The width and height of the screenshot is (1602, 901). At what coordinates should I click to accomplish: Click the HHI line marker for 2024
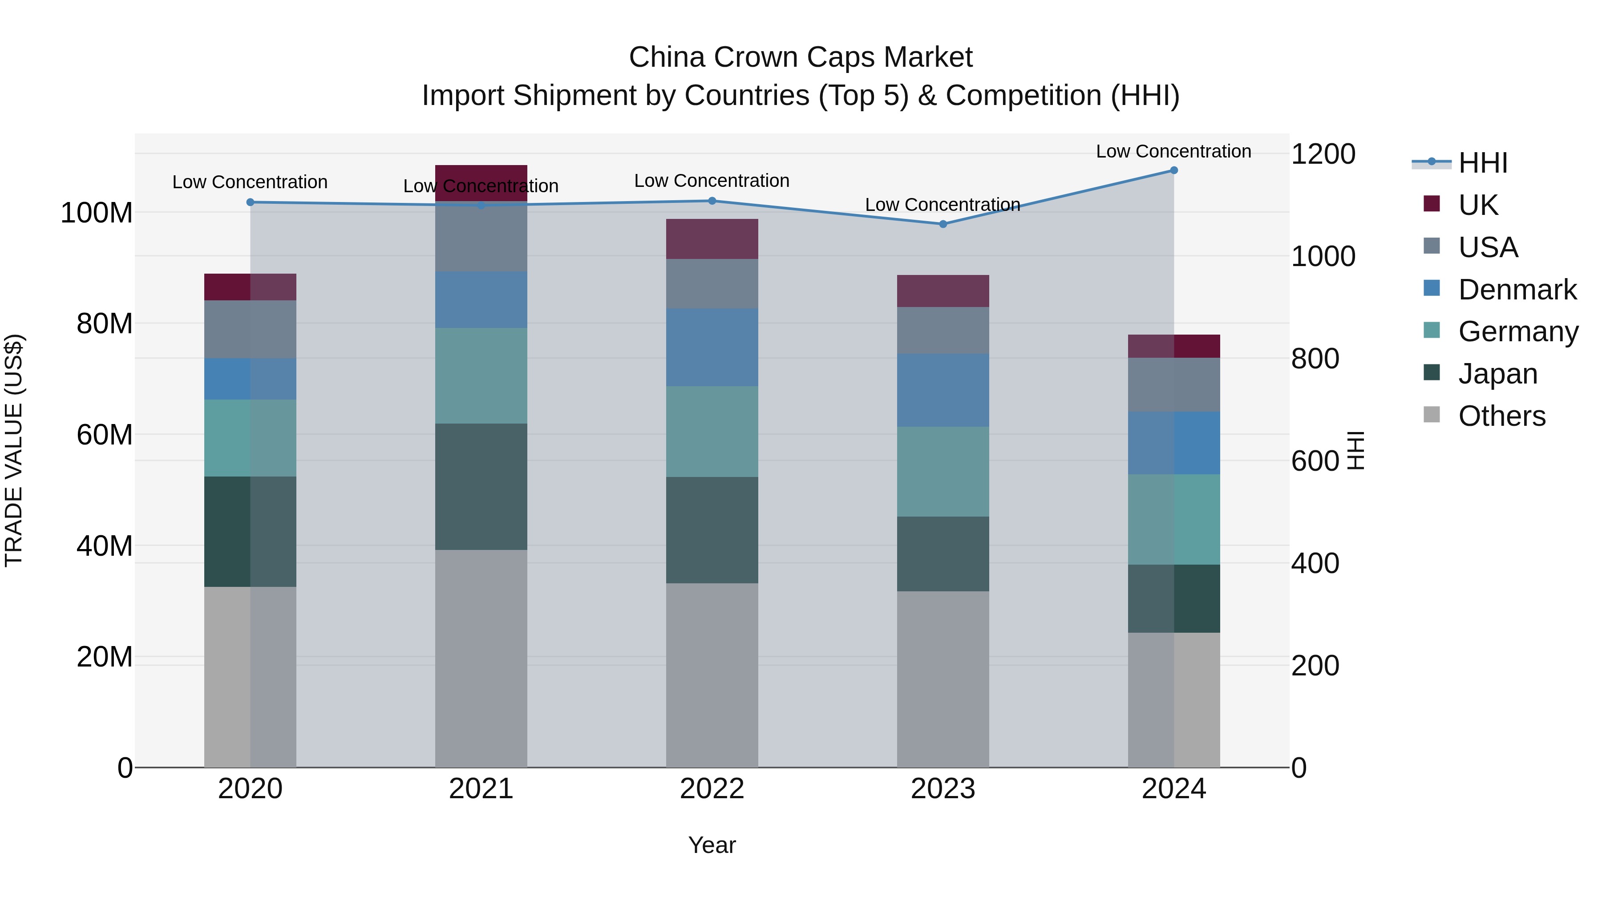click(1173, 170)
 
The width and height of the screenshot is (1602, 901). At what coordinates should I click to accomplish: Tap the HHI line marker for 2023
click(943, 224)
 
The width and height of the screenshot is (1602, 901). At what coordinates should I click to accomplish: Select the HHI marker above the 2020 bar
click(250, 202)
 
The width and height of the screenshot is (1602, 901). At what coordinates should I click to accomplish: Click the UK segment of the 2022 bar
click(712, 239)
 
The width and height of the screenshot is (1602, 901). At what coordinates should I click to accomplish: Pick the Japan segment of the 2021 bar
click(481, 486)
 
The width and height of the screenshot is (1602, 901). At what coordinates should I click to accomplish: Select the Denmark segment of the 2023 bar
click(943, 390)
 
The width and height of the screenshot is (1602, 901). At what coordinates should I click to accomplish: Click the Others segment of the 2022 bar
click(712, 675)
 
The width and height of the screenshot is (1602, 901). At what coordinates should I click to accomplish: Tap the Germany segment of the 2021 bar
click(481, 376)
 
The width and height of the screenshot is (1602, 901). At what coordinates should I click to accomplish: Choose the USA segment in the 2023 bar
click(943, 330)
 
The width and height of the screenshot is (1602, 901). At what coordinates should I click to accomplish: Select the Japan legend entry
click(1497, 374)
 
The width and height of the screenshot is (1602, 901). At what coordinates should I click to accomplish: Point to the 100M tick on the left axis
click(97, 213)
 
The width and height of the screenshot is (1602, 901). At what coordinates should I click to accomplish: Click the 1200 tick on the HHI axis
click(1323, 154)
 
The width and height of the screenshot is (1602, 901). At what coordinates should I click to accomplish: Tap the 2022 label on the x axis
click(712, 789)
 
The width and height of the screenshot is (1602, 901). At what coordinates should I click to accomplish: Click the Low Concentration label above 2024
click(1173, 151)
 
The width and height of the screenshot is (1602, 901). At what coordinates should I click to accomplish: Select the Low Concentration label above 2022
click(712, 181)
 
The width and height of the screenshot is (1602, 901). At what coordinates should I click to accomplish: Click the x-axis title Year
click(712, 845)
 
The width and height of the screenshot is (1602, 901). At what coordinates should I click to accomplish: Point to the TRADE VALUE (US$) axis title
click(14, 450)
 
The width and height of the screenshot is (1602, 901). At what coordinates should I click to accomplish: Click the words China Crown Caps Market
click(801, 57)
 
